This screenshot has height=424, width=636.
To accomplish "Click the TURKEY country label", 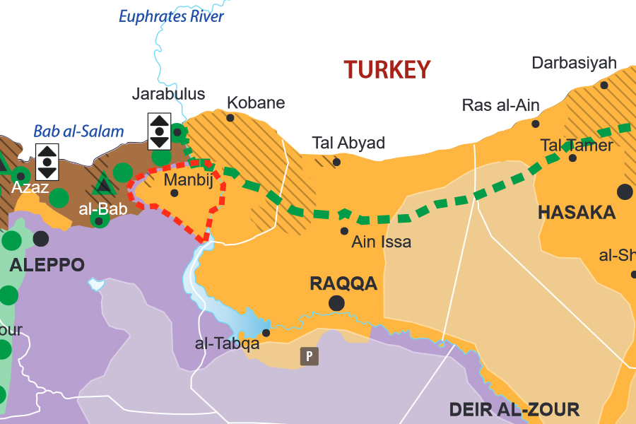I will pos(387,70).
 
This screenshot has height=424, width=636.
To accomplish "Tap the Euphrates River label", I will pos(171,16).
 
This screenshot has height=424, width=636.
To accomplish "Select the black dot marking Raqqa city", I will pos(337,303).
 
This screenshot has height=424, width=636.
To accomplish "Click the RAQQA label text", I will pos(343,284).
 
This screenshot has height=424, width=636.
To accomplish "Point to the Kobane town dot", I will pos(230,118).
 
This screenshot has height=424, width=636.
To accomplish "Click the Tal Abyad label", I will pos(348,143).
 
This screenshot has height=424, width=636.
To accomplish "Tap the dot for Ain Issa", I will pos(344,230).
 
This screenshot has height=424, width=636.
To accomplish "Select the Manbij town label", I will pos(188,179).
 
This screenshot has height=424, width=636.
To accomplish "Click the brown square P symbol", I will pos(309,356).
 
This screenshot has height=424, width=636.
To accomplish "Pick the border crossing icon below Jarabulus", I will pos(160,131).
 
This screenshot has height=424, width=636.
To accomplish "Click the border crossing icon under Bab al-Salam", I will pos(47,161).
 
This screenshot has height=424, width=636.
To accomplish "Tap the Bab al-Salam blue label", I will pos(78,131).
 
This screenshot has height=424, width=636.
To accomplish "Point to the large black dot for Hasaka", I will pos(625,191).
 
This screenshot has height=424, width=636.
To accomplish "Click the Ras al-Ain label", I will pos(500,106).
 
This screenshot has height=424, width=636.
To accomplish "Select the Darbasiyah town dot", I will pos(604,85).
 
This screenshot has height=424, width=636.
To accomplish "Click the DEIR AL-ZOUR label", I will pos(514,409).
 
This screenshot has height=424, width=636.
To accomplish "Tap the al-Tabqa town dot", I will pos(266,333).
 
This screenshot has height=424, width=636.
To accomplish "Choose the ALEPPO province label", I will pos(47,266).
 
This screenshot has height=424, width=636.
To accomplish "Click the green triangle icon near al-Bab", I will pos(104,185).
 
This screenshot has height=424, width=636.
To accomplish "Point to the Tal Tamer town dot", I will pos(572,158).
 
